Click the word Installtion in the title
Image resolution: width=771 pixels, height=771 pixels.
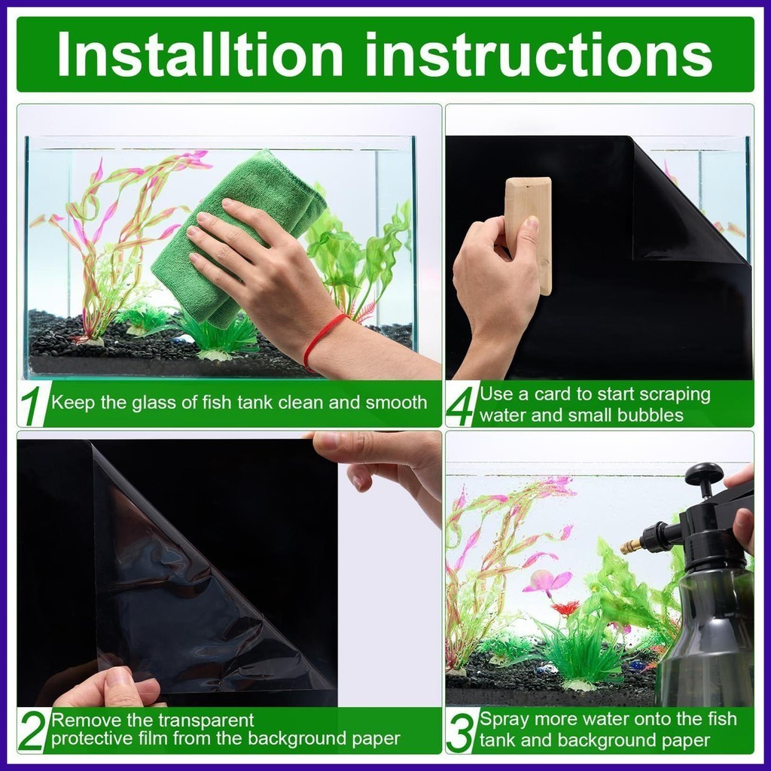pos(200,53)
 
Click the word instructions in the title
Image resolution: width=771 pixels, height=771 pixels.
pos(538,54)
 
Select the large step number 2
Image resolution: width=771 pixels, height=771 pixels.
pos(33,730)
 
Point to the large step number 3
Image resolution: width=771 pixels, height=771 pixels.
pos(461,731)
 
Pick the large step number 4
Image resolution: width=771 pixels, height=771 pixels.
pos(462,406)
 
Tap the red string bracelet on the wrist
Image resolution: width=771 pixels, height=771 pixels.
pos(322,340)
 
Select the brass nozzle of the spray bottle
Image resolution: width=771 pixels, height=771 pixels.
pos(629,545)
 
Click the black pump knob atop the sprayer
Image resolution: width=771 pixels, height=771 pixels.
pos(704,474)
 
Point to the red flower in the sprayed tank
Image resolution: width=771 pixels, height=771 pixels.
pos(565,608)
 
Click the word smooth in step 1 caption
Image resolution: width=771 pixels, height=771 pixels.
pos(396,403)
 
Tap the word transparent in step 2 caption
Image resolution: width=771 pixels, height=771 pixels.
pos(206,721)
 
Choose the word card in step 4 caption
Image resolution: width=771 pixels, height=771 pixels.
pos(553,394)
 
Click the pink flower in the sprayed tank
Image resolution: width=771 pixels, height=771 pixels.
pos(547,581)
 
